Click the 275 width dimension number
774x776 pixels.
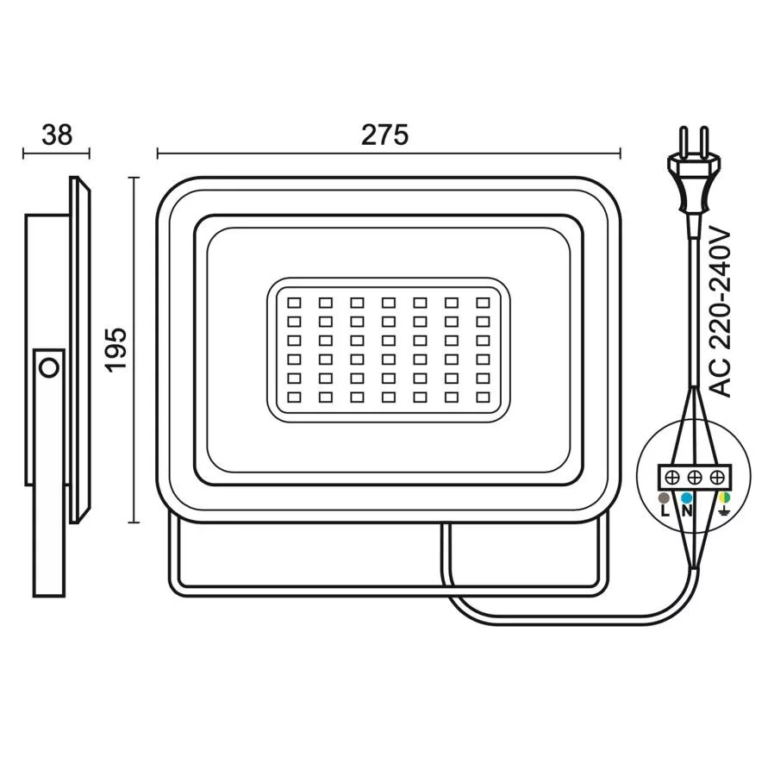coord(384,135)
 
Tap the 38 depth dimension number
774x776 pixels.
coord(57,135)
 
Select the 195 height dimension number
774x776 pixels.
coord(116,349)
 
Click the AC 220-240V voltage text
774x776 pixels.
coord(720,312)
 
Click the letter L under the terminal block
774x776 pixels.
coord(665,510)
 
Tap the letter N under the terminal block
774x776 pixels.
coord(687,510)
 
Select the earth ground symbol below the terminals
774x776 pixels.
coord(725,510)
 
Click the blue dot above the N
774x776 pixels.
coord(686,498)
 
